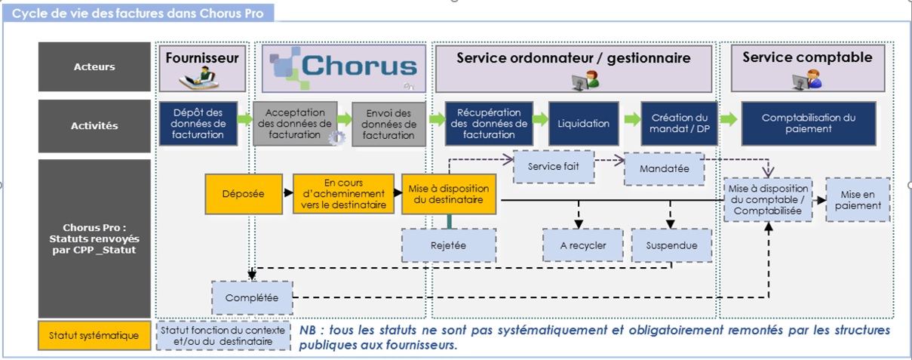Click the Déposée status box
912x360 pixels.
click(x=243, y=194)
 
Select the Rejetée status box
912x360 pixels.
click(x=448, y=245)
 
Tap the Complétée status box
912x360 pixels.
click(x=252, y=298)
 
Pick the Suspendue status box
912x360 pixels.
click(x=671, y=245)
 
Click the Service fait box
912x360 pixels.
click(x=553, y=167)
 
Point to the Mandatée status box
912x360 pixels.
click(x=664, y=169)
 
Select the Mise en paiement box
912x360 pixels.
click(x=858, y=199)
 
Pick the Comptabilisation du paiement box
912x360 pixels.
click(x=808, y=123)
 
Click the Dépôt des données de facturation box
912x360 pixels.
click(x=198, y=123)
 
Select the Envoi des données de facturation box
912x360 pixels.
click(x=388, y=125)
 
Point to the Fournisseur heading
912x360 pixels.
click(x=201, y=57)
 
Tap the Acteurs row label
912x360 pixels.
click(x=94, y=66)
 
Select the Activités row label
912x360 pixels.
click(x=94, y=125)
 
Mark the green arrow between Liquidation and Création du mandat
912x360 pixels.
click(x=631, y=119)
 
